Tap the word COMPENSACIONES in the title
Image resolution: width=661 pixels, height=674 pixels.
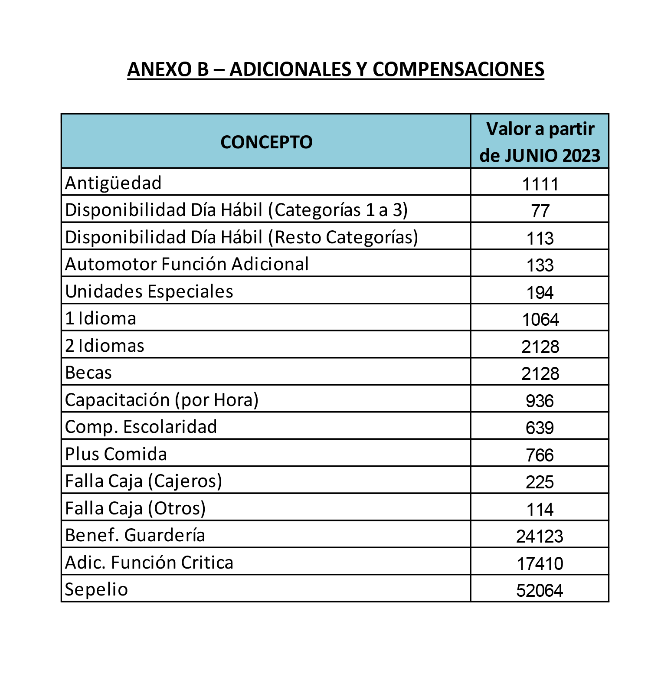pyautogui.click(x=458, y=69)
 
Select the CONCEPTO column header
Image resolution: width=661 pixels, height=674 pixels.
pyautogui.click(x=266, y=142)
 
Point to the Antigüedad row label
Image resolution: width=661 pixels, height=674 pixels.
pyautogui.click(x=113, y=183)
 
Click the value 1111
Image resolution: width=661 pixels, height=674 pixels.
pyautogui.click(x=540, y=184)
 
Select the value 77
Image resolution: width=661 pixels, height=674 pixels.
pyautogui.click(x=540, y=211)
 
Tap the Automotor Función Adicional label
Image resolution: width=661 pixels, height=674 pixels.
pyautogui.click(x=187, y=264)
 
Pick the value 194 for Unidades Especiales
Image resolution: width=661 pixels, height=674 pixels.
pyautogui.click(x=540, y=293)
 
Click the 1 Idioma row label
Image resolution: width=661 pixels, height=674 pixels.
pyautogui.click(x=101, y=318)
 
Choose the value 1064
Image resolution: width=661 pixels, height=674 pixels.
pyautogui.click(x=540, y=320)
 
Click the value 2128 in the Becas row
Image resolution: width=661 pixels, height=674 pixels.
pyautogui.click(x=540, y=374)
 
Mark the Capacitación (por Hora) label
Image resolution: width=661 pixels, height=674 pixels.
pyautogui.click(x=162, y=400)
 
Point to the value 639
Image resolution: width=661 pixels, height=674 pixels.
pyautogui.click(x=540, y=428)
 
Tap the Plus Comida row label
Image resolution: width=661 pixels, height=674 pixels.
pyautogui.click(x=116, y=454)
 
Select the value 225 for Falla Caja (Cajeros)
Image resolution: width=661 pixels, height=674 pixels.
pyautogui.click(x=540, y=482)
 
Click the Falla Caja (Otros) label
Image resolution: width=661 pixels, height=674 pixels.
pyautogui.click(x=135, y=508)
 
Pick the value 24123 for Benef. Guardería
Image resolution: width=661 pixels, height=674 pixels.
pyautogui.click(x=540, y=537)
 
